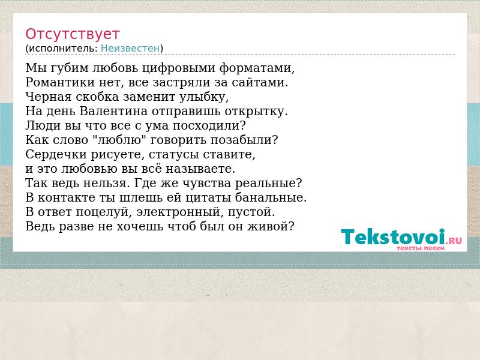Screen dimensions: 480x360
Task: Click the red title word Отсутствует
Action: pos(72,34)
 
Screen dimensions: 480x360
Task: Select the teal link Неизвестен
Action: pos(130,49)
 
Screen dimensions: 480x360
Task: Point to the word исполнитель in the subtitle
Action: pos(63,49)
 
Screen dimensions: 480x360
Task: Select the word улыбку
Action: pos(203,97)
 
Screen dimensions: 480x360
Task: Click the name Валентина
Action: pos(113,111)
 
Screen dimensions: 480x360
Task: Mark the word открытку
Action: pos(256,112)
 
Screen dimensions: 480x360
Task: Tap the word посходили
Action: pos(209,125)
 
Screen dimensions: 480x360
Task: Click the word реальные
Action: pos(268,184)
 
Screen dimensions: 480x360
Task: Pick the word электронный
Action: pos(180,212)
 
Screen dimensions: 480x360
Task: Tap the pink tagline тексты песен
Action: pos(421,248)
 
